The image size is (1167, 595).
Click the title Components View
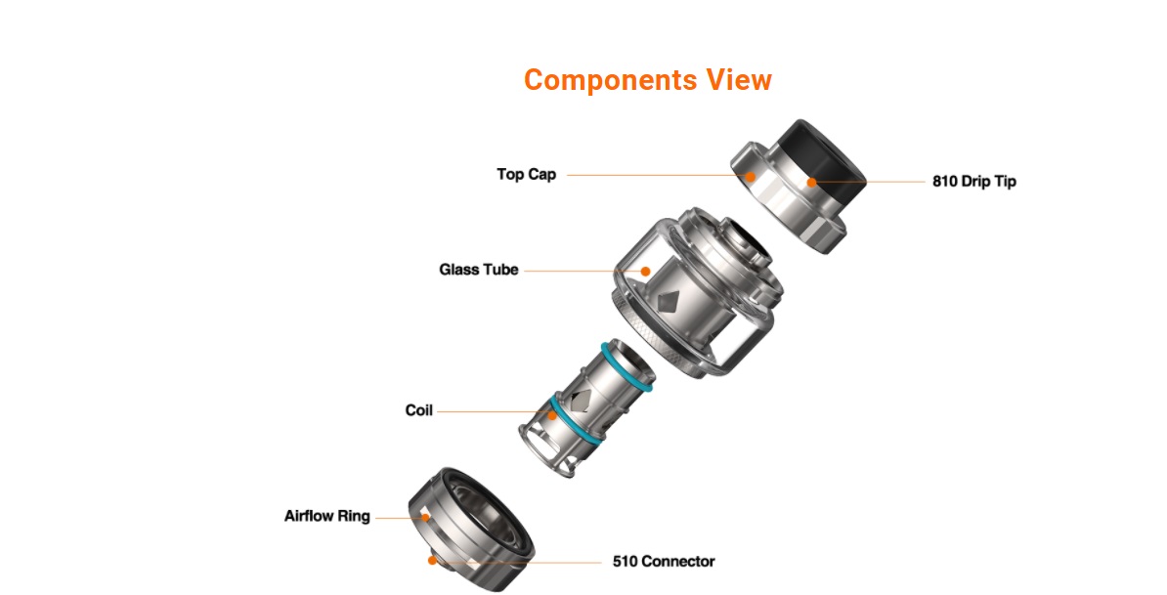coord(647,80)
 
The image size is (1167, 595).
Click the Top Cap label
coord(526,175)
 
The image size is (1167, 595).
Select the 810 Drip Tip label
coord(973,182)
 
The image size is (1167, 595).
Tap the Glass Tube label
coord(478,270)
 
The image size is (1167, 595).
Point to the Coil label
coord(418,410)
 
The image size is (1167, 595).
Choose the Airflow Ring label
coord(326,516)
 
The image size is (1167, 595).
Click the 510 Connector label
coord(663,562)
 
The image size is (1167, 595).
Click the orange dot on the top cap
coord(751,177)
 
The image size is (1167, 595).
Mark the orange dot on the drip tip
coord(810,182)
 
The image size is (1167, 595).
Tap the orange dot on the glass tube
coord(645,271)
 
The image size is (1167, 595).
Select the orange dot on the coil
coord(551,413)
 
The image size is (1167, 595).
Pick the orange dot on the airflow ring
coord(425,517)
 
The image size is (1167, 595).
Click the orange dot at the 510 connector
coord(432,560)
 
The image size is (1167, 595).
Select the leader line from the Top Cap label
coord(655,176)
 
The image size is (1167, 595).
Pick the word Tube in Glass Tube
coord(499,270)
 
